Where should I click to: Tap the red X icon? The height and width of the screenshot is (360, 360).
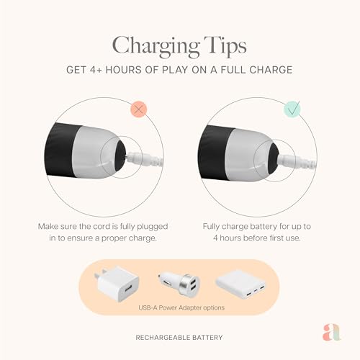138,109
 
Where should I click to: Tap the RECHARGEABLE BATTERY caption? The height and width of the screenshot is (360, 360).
179,336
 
